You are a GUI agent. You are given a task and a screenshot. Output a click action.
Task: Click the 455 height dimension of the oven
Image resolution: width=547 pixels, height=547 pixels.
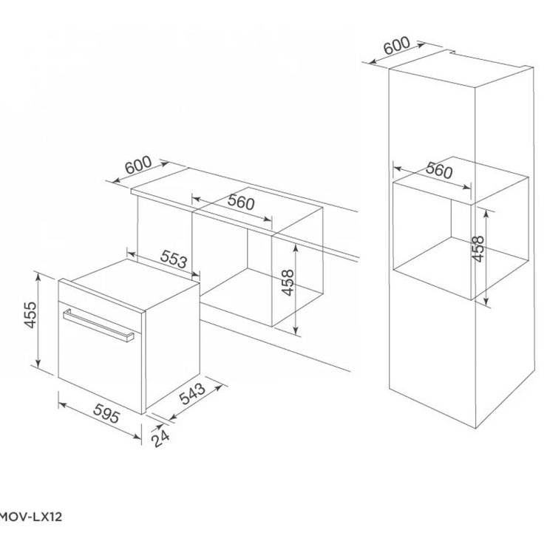[x=31, y=315]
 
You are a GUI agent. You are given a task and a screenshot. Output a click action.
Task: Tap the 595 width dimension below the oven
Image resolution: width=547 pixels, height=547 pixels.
[x=107, y=412]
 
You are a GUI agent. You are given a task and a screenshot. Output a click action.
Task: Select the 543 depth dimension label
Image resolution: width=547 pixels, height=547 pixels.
[x=192, y=393]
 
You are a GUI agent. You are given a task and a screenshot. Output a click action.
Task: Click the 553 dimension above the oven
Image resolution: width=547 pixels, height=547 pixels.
[x=174, y=259]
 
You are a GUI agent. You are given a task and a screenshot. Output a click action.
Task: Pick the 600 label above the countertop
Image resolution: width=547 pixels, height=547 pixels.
[x=138, y=165]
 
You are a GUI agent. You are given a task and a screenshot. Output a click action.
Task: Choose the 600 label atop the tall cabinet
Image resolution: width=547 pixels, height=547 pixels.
[x=397, y=45]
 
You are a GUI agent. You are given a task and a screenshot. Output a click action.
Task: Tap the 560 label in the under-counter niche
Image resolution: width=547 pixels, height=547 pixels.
[x=241, y=202]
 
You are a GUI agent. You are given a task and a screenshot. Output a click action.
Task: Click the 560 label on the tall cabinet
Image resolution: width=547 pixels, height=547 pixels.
[x=439, y=170]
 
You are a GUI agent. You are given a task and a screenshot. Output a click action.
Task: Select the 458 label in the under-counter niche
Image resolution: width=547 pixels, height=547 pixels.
[x=288, y=282]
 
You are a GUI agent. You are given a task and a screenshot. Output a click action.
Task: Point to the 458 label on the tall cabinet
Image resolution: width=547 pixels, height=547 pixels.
[x=478, y=248]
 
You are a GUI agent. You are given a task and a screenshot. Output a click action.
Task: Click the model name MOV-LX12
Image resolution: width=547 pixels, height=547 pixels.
[x=31, y=517]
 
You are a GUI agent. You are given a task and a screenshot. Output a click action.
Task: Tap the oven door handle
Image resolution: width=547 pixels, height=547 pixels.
[x=98, y=325]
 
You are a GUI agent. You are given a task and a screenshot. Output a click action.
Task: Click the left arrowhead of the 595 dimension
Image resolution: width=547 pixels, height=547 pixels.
[x=63, y=404]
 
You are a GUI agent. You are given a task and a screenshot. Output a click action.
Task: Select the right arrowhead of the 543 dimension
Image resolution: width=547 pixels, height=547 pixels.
[x=219, y=387]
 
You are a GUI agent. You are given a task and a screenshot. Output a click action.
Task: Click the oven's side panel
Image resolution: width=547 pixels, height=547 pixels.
[x=172, y=345]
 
